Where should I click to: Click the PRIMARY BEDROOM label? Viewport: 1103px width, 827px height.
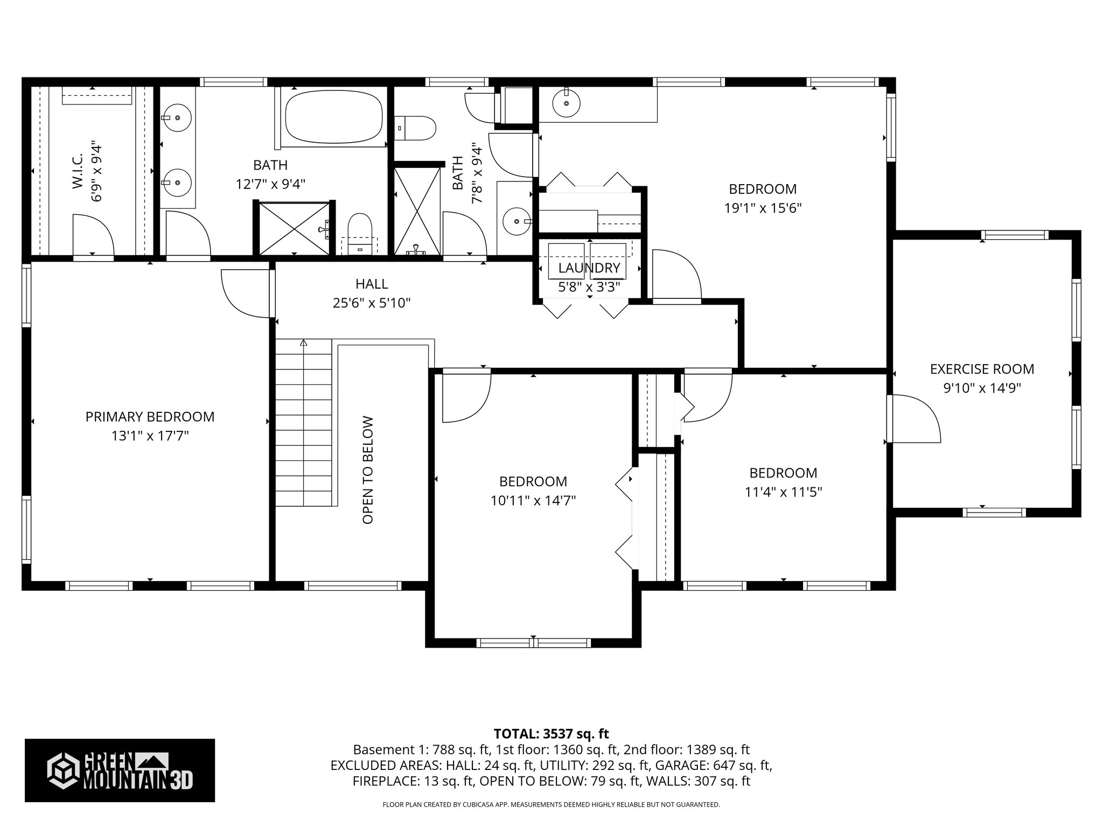tap(150, 417)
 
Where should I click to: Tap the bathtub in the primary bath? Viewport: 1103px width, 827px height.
tap(333, 116)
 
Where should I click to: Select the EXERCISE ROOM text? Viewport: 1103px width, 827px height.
tap(982, 369)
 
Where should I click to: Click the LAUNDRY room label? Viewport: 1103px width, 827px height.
tap(589, 268)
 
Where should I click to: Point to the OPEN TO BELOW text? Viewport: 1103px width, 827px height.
tap(368, 469)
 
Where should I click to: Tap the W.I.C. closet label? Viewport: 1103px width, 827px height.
tap(77, 171)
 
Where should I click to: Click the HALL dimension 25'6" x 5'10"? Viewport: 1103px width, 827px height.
tap(372, 303)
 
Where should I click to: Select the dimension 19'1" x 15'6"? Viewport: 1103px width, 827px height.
tap(763, 208)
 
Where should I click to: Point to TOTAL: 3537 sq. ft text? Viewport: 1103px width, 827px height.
tap(551, 734)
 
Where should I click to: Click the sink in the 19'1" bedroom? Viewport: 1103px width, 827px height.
tap(566, 103)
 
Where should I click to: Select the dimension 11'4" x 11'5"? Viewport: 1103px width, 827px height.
tap(783, 492)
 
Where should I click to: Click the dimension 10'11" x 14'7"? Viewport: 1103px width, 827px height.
tap(533, 501)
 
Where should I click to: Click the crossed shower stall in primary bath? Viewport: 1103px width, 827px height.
tap(294, 228)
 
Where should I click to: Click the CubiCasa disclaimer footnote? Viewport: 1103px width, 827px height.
tap(551, 804)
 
